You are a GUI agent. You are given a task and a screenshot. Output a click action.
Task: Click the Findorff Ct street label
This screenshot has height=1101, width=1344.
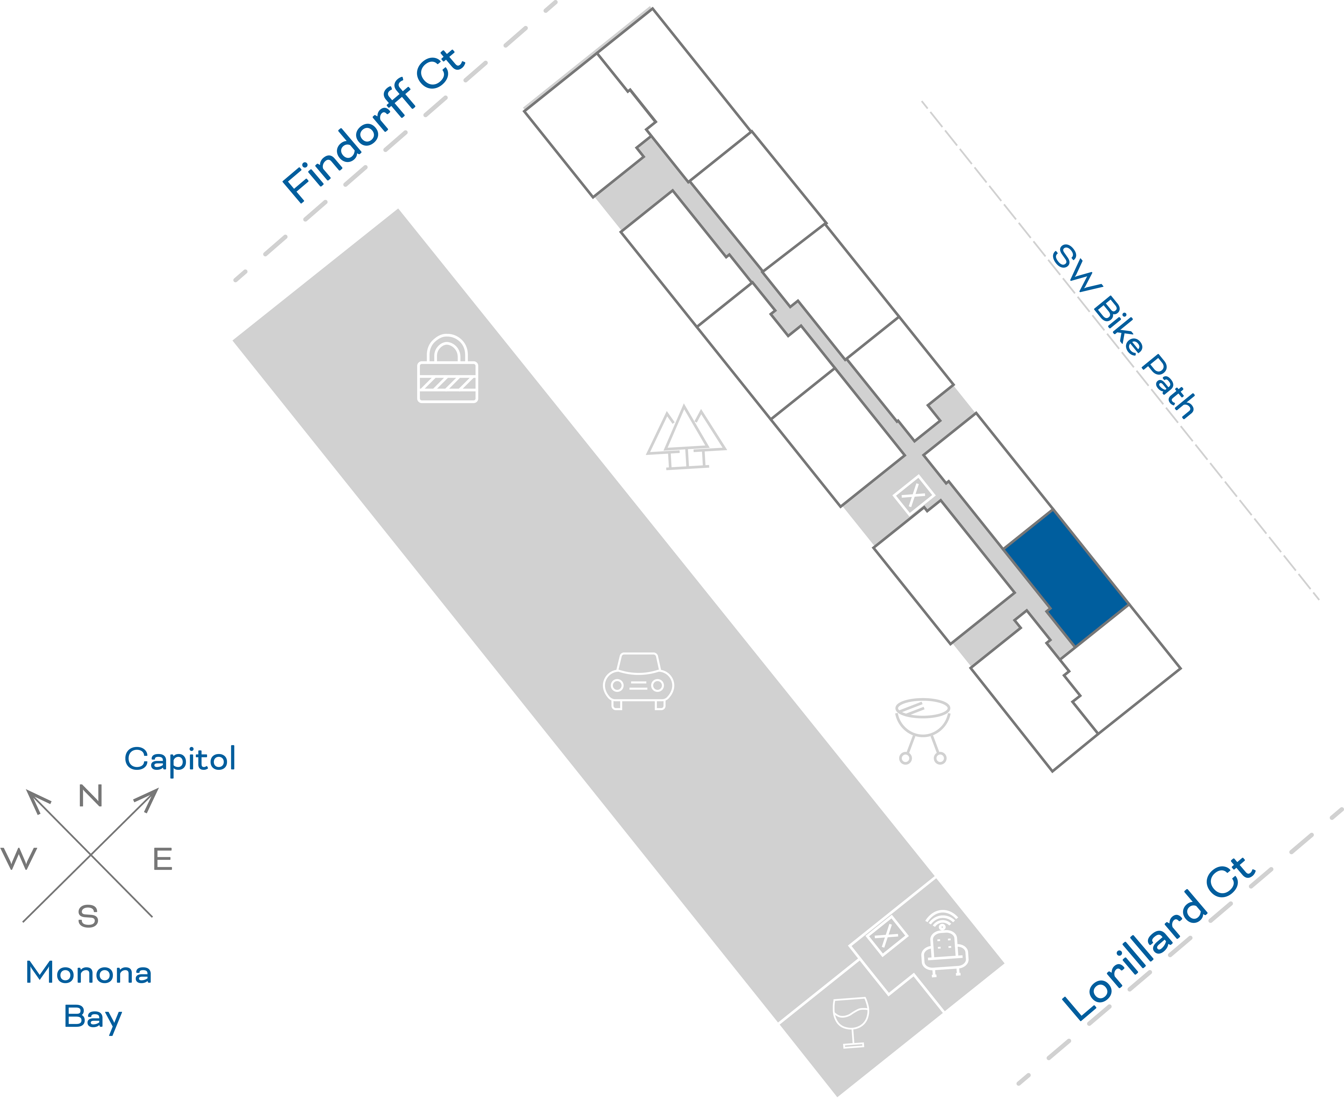(x=374, y=126)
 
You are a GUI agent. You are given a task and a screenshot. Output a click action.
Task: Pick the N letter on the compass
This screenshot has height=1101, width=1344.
(x=91, y=795)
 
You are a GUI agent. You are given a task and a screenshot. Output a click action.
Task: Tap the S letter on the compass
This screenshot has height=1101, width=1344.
(x=88, y=916)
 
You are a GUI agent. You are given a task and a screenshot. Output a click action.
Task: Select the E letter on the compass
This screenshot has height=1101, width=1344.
(x=162, y=859)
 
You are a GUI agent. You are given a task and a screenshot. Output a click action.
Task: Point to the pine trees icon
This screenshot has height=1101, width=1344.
(x=686, y=438)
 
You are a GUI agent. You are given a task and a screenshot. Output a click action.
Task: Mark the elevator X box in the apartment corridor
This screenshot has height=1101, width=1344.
(x=913, y=495)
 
